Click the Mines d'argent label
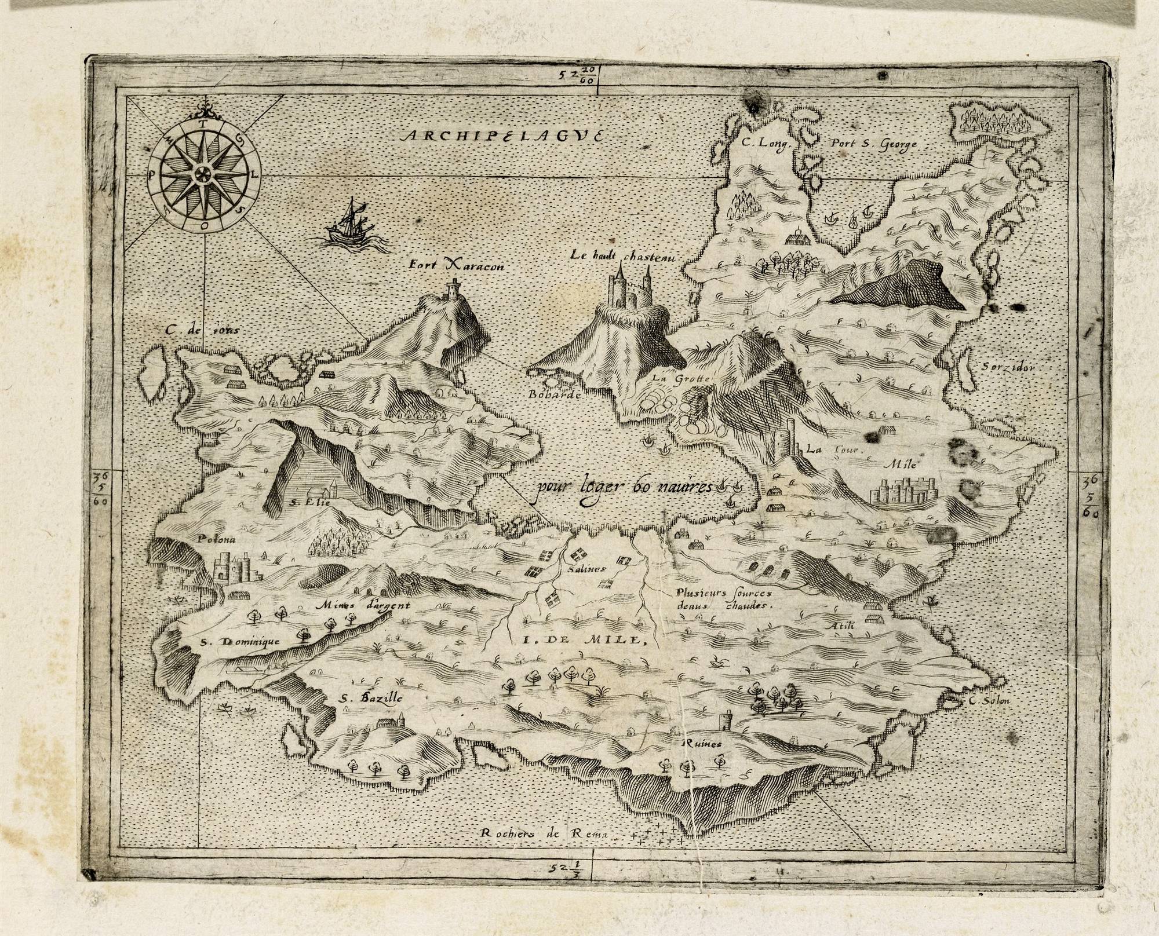[363, 606]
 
